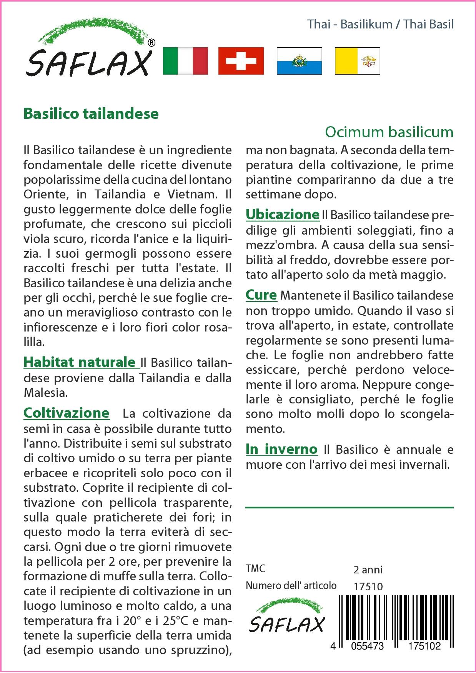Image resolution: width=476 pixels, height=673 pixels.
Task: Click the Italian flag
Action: coord(185,61)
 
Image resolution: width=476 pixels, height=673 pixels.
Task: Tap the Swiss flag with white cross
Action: coord(241,61)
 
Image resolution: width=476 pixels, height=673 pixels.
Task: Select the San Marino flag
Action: coord(299,61)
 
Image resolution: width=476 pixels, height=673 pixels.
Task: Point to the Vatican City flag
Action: coord(357,61)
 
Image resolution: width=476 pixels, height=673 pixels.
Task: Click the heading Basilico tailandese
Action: coord(91,114)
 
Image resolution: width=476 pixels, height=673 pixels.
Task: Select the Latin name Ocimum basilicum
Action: coord(389,132)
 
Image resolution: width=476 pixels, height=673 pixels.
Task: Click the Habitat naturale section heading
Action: coord(80,362)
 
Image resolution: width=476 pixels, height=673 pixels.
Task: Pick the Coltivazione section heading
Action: coord(67,413)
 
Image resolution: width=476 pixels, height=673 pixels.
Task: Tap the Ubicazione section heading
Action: coord(283,214)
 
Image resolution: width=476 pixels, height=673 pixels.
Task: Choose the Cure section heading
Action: coord(261,295)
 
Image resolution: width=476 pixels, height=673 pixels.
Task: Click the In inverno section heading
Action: coord(281,449)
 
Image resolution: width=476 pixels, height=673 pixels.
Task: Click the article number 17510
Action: coord(368,586)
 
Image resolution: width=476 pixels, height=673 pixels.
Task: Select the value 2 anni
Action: coord(368,570)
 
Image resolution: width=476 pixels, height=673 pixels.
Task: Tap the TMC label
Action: coord(255,569)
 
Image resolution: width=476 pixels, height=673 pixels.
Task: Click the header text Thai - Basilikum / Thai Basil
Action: coord(380,24)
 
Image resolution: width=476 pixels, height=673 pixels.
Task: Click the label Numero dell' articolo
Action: coord(291,586)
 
